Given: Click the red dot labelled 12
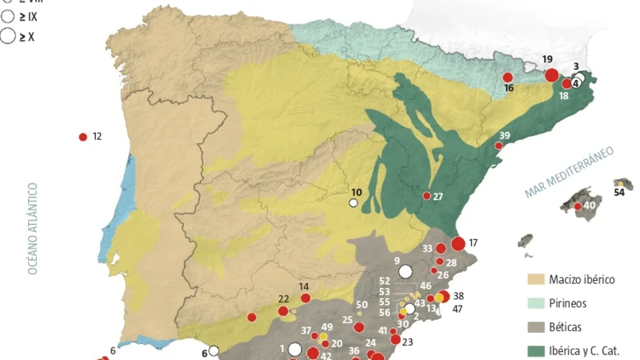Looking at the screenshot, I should tap(82, 137).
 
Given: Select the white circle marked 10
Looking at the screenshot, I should tap(353, 203).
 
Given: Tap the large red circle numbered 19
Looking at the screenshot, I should tap(551, 75).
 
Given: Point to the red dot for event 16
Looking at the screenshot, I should tap(507, 78).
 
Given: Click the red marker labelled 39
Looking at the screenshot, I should tap(498, 146).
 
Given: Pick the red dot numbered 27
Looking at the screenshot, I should tap(426, 196).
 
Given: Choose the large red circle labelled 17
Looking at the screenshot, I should tap(458, 243).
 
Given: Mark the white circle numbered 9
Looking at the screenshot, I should tap(406, 270).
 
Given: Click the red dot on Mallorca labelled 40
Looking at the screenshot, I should tap(578, 207).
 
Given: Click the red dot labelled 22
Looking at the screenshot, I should tap(282, 310).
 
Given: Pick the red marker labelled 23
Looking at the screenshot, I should tap(395, 339).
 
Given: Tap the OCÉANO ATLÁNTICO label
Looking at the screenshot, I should tap(34, 229).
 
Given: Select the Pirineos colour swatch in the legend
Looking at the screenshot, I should tap(535, 303).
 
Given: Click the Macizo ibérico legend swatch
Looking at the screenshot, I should tap(535, 280).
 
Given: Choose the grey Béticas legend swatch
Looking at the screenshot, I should tap(535, 326).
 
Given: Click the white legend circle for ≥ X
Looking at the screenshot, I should tap(9, 35).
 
